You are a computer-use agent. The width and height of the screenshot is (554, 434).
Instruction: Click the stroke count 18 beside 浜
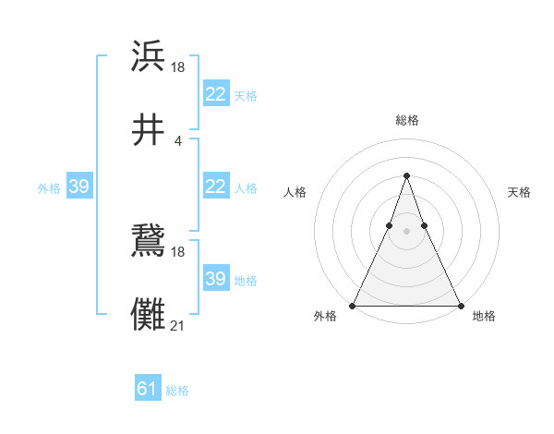178,66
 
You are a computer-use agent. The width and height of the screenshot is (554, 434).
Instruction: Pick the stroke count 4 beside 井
177,140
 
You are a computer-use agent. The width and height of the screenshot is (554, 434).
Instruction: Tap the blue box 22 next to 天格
215,94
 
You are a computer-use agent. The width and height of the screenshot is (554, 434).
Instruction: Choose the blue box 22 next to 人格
215,187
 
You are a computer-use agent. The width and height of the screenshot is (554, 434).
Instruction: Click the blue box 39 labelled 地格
215,279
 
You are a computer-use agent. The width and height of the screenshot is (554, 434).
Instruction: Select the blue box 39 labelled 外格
78,187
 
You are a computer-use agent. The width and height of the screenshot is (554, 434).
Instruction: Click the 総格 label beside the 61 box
177,391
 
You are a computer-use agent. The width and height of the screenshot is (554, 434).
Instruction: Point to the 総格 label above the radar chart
406,120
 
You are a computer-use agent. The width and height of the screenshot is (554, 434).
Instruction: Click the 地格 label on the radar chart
484,316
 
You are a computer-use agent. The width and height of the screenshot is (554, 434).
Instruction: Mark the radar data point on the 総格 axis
406,175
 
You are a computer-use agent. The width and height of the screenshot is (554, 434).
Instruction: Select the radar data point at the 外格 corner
354,306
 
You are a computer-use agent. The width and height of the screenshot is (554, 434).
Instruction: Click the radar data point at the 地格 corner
459,306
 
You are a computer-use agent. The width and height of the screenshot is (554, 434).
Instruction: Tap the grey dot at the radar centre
406,232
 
